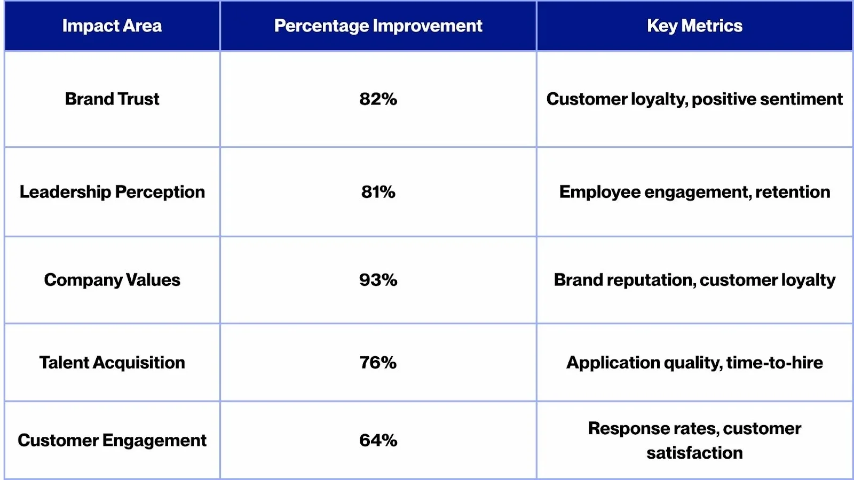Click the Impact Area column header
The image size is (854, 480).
pos(112,26)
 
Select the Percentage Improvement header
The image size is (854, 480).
pos(378,26)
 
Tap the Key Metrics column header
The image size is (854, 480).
pos(694,26)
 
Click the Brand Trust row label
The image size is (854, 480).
pos(112,99)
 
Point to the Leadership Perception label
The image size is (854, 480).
pos(112,192)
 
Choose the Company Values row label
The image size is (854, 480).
pos(112,280)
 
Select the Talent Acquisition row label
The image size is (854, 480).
pos(112,363)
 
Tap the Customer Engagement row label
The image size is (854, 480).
pos(112,441)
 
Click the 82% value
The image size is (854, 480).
pos(378,99)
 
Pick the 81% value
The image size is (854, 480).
pos(378,192)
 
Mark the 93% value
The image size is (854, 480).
pos(378,280)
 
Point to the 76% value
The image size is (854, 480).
pos(378,363)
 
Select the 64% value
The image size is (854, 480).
pos(378,441)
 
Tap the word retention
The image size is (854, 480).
pos(793,192)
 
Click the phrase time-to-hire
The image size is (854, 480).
pos(774,363)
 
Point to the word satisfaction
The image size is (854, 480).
pos(694,453)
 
